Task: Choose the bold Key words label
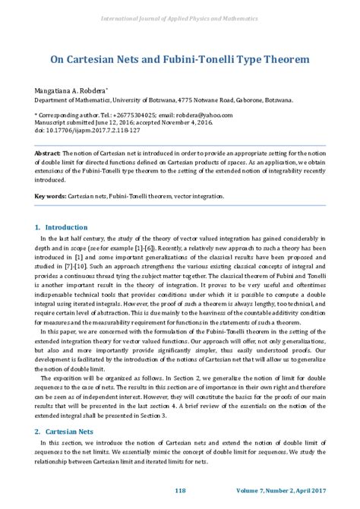click(50, 196)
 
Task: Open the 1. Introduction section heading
click(62, 227)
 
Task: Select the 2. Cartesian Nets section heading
click(65, 432)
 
